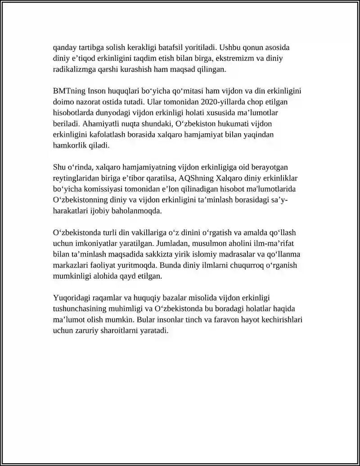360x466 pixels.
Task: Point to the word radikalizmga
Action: (74, 69)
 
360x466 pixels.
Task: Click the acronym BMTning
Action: (67, 91)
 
